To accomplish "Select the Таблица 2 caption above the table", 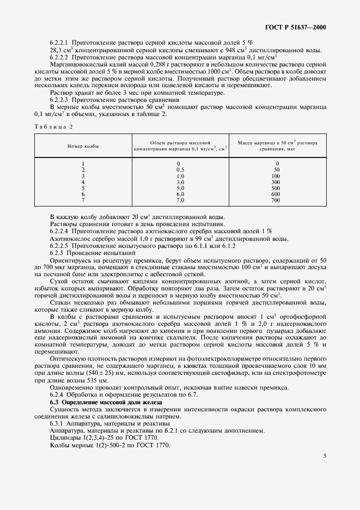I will pos(53,126).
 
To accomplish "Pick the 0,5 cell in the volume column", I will pos(180,170).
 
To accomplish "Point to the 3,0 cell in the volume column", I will pos(180,182).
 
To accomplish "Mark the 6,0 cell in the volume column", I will pos(180,195).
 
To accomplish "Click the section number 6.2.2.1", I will pos(63,42).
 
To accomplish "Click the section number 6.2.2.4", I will pos(63,231).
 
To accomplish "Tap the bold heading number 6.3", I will pos(54,402).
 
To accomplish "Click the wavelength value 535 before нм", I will pos(83,380).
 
